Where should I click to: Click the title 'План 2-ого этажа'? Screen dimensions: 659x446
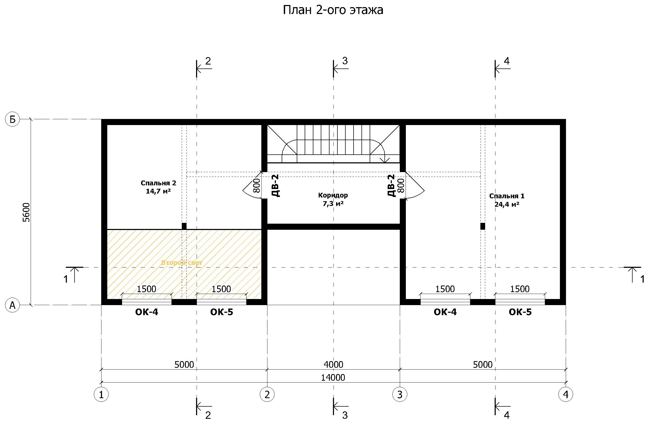[x=333, y=10]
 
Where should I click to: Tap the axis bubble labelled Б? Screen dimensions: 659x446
[x=12, y=120]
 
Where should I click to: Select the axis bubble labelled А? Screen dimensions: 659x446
[x=12, y=305]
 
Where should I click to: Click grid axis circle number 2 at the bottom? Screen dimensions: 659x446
[x=267, y=394]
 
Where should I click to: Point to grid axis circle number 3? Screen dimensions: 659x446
[x=400, y=394]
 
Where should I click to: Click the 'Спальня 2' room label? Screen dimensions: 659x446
[x=158, y=183]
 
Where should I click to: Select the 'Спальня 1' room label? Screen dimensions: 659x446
[x=507, y=196]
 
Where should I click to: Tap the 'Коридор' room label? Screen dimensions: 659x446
[x=333, y=195]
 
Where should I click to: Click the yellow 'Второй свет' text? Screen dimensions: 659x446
[x=182, y=263]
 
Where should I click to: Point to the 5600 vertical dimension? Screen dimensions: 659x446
[x=26, y=213]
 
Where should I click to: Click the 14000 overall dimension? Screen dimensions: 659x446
[x=333, y=378]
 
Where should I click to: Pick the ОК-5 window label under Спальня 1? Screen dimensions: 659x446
[x=520, y=312]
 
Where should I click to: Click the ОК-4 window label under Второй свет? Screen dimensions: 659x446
[x=147, y=312]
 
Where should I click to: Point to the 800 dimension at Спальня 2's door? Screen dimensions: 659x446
[x=257, y=186]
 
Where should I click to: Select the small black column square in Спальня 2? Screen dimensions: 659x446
[x=184, y=226]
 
